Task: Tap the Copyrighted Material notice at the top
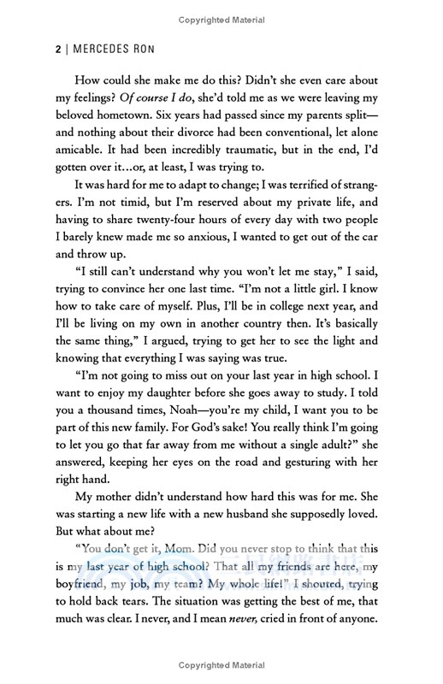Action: click(x=221, y=18)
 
